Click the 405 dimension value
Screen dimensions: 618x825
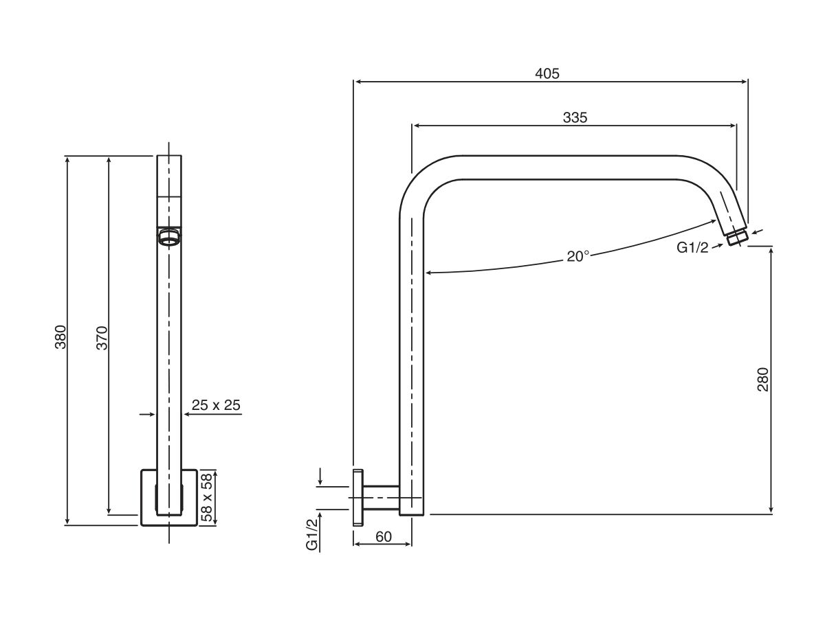547,73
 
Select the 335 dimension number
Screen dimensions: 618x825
575,117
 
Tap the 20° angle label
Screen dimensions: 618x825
577,256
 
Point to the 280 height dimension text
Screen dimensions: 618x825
762,380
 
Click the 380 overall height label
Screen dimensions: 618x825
60,338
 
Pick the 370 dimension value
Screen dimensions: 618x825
102,338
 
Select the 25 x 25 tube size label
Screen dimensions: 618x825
216,405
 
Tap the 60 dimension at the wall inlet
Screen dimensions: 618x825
384,537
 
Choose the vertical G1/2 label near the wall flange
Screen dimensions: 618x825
312,531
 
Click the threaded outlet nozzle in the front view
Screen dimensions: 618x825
169,238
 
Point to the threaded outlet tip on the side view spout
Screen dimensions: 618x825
737,238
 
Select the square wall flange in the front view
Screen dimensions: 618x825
169,498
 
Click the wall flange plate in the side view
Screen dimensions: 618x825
357,498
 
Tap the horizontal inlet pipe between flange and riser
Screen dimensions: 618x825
380,498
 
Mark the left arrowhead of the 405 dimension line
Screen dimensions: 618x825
357,82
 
